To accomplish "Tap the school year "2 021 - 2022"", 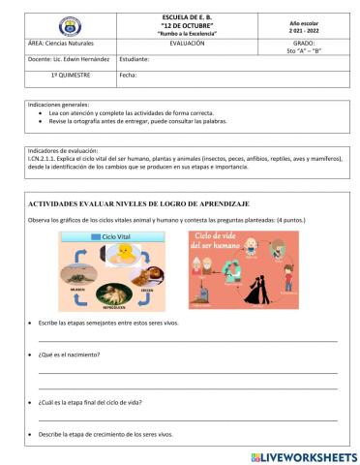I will (303, 31).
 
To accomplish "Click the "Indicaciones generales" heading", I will (59, 104).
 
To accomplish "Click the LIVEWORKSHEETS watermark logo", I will (303, 456).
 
